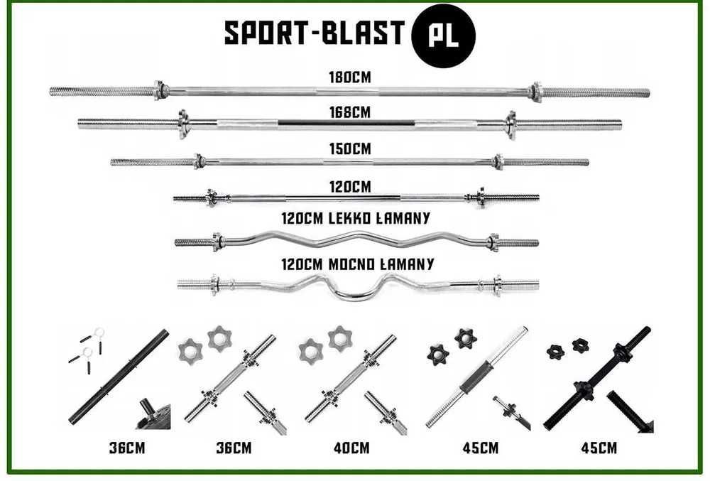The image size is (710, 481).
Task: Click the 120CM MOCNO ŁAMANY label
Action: coord(357,264)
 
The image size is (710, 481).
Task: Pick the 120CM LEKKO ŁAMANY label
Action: coord(356,218)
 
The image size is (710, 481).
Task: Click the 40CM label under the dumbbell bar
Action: coord(351,448)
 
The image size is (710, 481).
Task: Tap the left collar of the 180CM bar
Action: coord(161,90)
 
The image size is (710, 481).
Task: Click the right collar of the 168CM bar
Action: coord(510,124)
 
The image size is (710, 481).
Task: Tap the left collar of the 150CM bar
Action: coord(200,161)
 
